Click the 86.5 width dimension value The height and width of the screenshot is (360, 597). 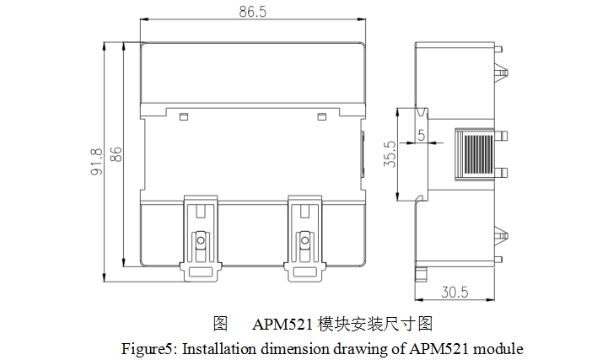(x=253, y=13)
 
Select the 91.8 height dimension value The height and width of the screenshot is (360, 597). (x=97, y=161)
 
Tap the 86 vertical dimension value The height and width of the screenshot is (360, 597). (x=117, y=154)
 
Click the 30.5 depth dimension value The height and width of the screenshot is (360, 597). (x=455, y=293)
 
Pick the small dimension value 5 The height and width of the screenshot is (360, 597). (x=421, y=135)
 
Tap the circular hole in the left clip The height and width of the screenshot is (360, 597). (x=201, y=242)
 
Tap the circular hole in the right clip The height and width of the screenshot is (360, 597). (x=305, y=242)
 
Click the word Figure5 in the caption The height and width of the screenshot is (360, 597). (x=148, y=347)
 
